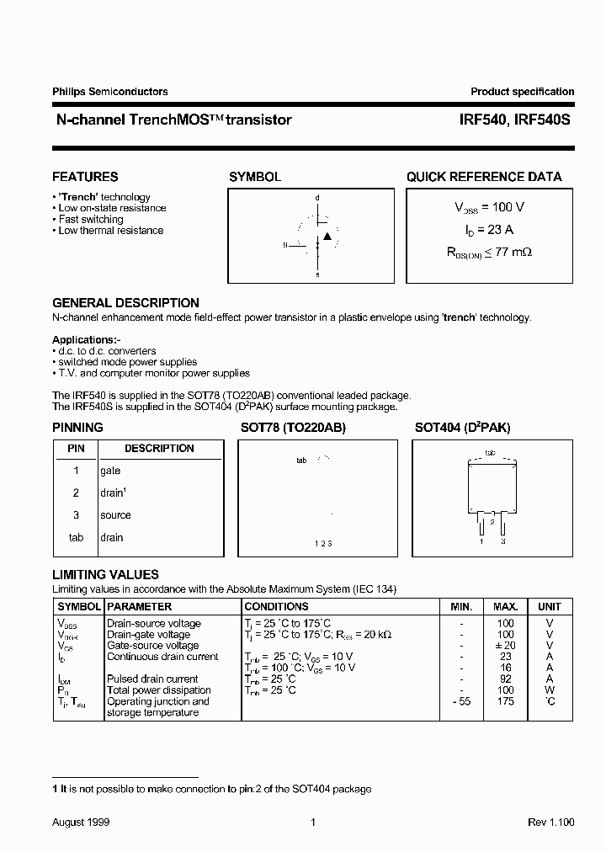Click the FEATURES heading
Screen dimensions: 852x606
85,177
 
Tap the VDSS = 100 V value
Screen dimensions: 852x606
489,207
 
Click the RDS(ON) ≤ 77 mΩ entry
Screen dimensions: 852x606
489,251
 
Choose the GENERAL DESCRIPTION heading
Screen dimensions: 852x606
125,303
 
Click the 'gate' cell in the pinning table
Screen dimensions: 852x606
110,471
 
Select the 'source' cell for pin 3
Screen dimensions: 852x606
115,515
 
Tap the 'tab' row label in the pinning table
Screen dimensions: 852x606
76,537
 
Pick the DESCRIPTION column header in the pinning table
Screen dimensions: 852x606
159,449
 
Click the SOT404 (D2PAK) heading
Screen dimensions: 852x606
462,428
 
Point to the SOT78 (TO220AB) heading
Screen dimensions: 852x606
292,428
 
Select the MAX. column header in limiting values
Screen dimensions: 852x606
505,606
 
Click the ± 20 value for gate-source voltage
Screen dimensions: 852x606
505,646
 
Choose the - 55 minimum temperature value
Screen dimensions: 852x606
461,701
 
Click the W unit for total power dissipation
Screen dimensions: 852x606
550,690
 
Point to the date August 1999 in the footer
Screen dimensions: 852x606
81,822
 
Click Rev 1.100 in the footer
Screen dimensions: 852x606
551,822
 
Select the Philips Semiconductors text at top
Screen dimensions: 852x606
110,92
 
